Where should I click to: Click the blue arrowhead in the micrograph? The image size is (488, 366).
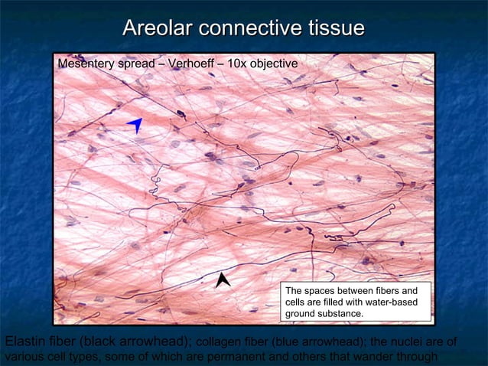pos(135,125)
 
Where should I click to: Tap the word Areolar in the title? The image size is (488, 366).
pos(157,29)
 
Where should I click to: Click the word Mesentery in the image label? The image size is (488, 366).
pos(86,64)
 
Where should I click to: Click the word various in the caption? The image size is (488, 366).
pos(22,356)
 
